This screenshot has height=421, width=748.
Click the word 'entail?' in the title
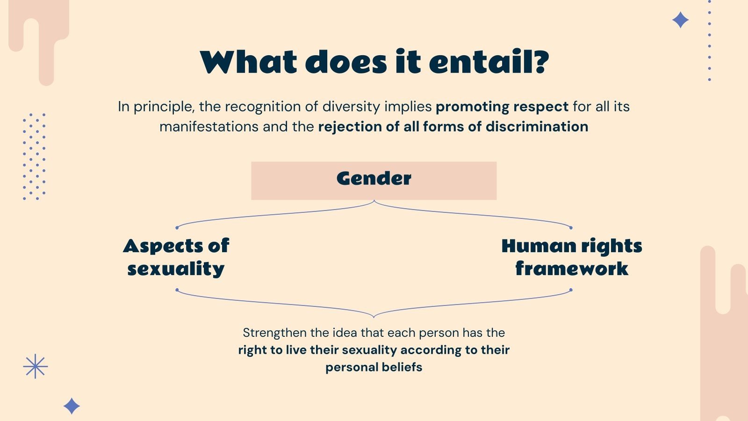click(489, 62)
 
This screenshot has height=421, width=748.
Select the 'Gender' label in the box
click(374, 179)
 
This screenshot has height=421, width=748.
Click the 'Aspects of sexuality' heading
click(176, 257)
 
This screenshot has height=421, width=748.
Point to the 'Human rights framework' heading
click(571, 257)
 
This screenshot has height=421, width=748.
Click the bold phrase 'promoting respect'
click(502, 107)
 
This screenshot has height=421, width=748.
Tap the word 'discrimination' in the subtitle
click(537, 127)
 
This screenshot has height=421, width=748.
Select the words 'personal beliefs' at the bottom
click(374, 367)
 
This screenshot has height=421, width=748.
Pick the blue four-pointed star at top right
click(680, 20)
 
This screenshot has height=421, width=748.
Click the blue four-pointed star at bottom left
click(72, 406)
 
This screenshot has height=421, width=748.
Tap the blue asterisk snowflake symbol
click(36, 366)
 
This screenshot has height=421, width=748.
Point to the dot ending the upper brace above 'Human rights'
click(571, 228)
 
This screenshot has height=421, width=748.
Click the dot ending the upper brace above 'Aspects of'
click(177, 228)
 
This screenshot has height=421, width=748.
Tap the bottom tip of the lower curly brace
click(374, 317)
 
